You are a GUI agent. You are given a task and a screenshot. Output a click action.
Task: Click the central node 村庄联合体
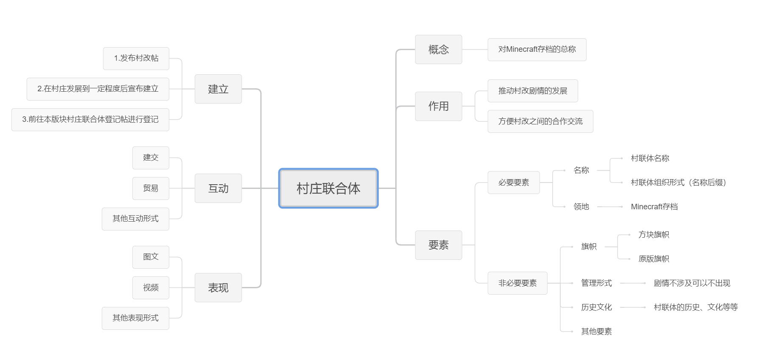pyautogui.click(x=328, y=188)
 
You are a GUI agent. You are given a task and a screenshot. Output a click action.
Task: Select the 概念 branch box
pyautogui.click(x=439, y=50)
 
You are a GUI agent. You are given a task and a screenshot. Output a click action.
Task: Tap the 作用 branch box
pyautogui.click(x=439, y=106)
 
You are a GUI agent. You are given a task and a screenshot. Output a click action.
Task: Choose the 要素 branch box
pyautogui.click(x=439, y=245)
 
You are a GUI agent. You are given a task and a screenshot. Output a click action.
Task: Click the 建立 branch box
pyautogui.click(x=218, y=89)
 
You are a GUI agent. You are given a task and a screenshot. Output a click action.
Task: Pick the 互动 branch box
pyautogui.click(x=218, y=188)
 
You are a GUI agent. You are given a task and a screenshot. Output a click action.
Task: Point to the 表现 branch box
pyautogui.click(x=218, y=288)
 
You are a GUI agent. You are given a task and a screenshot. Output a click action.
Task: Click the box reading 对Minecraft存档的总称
pyautogui.click(x=537, y=50)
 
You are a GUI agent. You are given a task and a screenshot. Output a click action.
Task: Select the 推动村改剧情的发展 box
pyautogui.click(x=533, y=91)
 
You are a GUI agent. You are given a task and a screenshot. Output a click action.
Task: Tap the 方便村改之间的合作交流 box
pyautogui.click(x=540, y=121)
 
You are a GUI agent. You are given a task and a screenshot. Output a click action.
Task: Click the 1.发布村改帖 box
pyautogui.click(x=136, y=59)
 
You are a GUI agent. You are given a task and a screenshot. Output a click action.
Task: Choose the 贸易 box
pyautogui.click(x=151, y=188)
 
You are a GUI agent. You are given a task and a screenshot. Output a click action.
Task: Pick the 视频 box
pyautogui.click(x=151, y=288)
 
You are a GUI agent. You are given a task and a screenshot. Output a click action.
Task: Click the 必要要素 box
pyautogui.click(x=514, y=183)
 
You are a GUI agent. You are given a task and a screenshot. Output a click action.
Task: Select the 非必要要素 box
pyautogui.click(x=518, y=283)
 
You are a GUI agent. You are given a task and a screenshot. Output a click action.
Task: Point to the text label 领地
pyautogui.click(x=581, y=207)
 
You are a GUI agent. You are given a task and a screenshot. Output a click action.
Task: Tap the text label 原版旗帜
pyautogui.click(x=654, y=259)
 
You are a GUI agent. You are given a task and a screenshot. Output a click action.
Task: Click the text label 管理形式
pyautogui.click(x=597, y=283)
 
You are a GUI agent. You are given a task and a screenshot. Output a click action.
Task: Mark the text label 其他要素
pyautogui.click(x=597, y=332)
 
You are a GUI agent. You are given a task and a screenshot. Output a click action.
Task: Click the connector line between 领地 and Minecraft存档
pyautogui.click(x=610, y=207)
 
